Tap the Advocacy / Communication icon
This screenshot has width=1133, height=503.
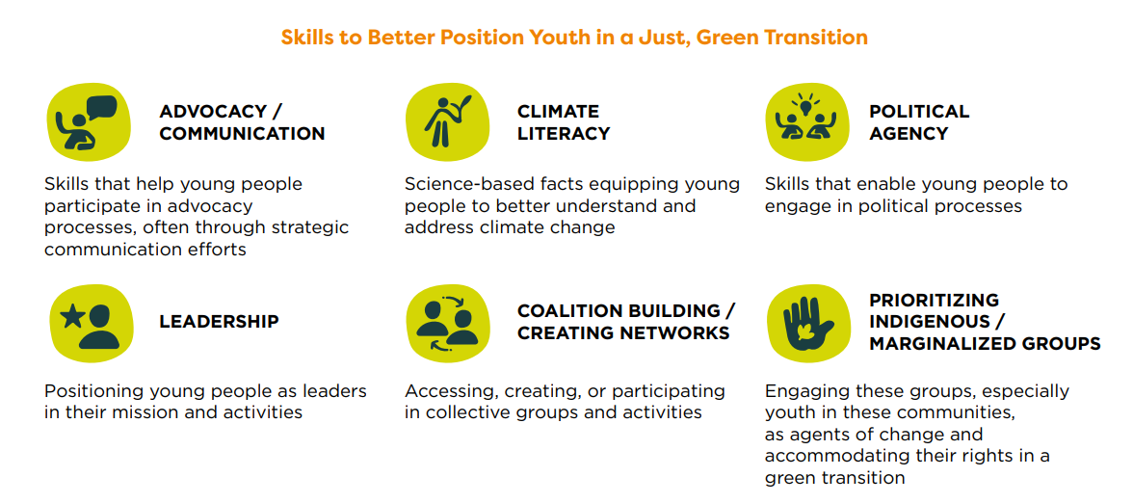[89, 121]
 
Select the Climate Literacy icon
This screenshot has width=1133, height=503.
[448, 121]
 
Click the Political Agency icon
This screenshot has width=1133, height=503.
[807, 121]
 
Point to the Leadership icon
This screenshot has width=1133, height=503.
[91, 323]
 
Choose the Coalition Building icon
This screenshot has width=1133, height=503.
[448, 323]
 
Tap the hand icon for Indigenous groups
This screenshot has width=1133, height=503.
[807, 323]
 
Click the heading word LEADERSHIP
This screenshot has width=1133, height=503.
[219, 322]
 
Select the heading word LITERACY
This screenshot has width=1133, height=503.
[564, 134]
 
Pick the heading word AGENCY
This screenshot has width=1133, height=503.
[909, 134]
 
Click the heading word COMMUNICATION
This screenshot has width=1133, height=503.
[242, 134]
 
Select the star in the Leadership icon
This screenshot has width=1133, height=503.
[71, 317]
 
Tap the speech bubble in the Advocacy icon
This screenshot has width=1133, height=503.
[101, 108]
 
